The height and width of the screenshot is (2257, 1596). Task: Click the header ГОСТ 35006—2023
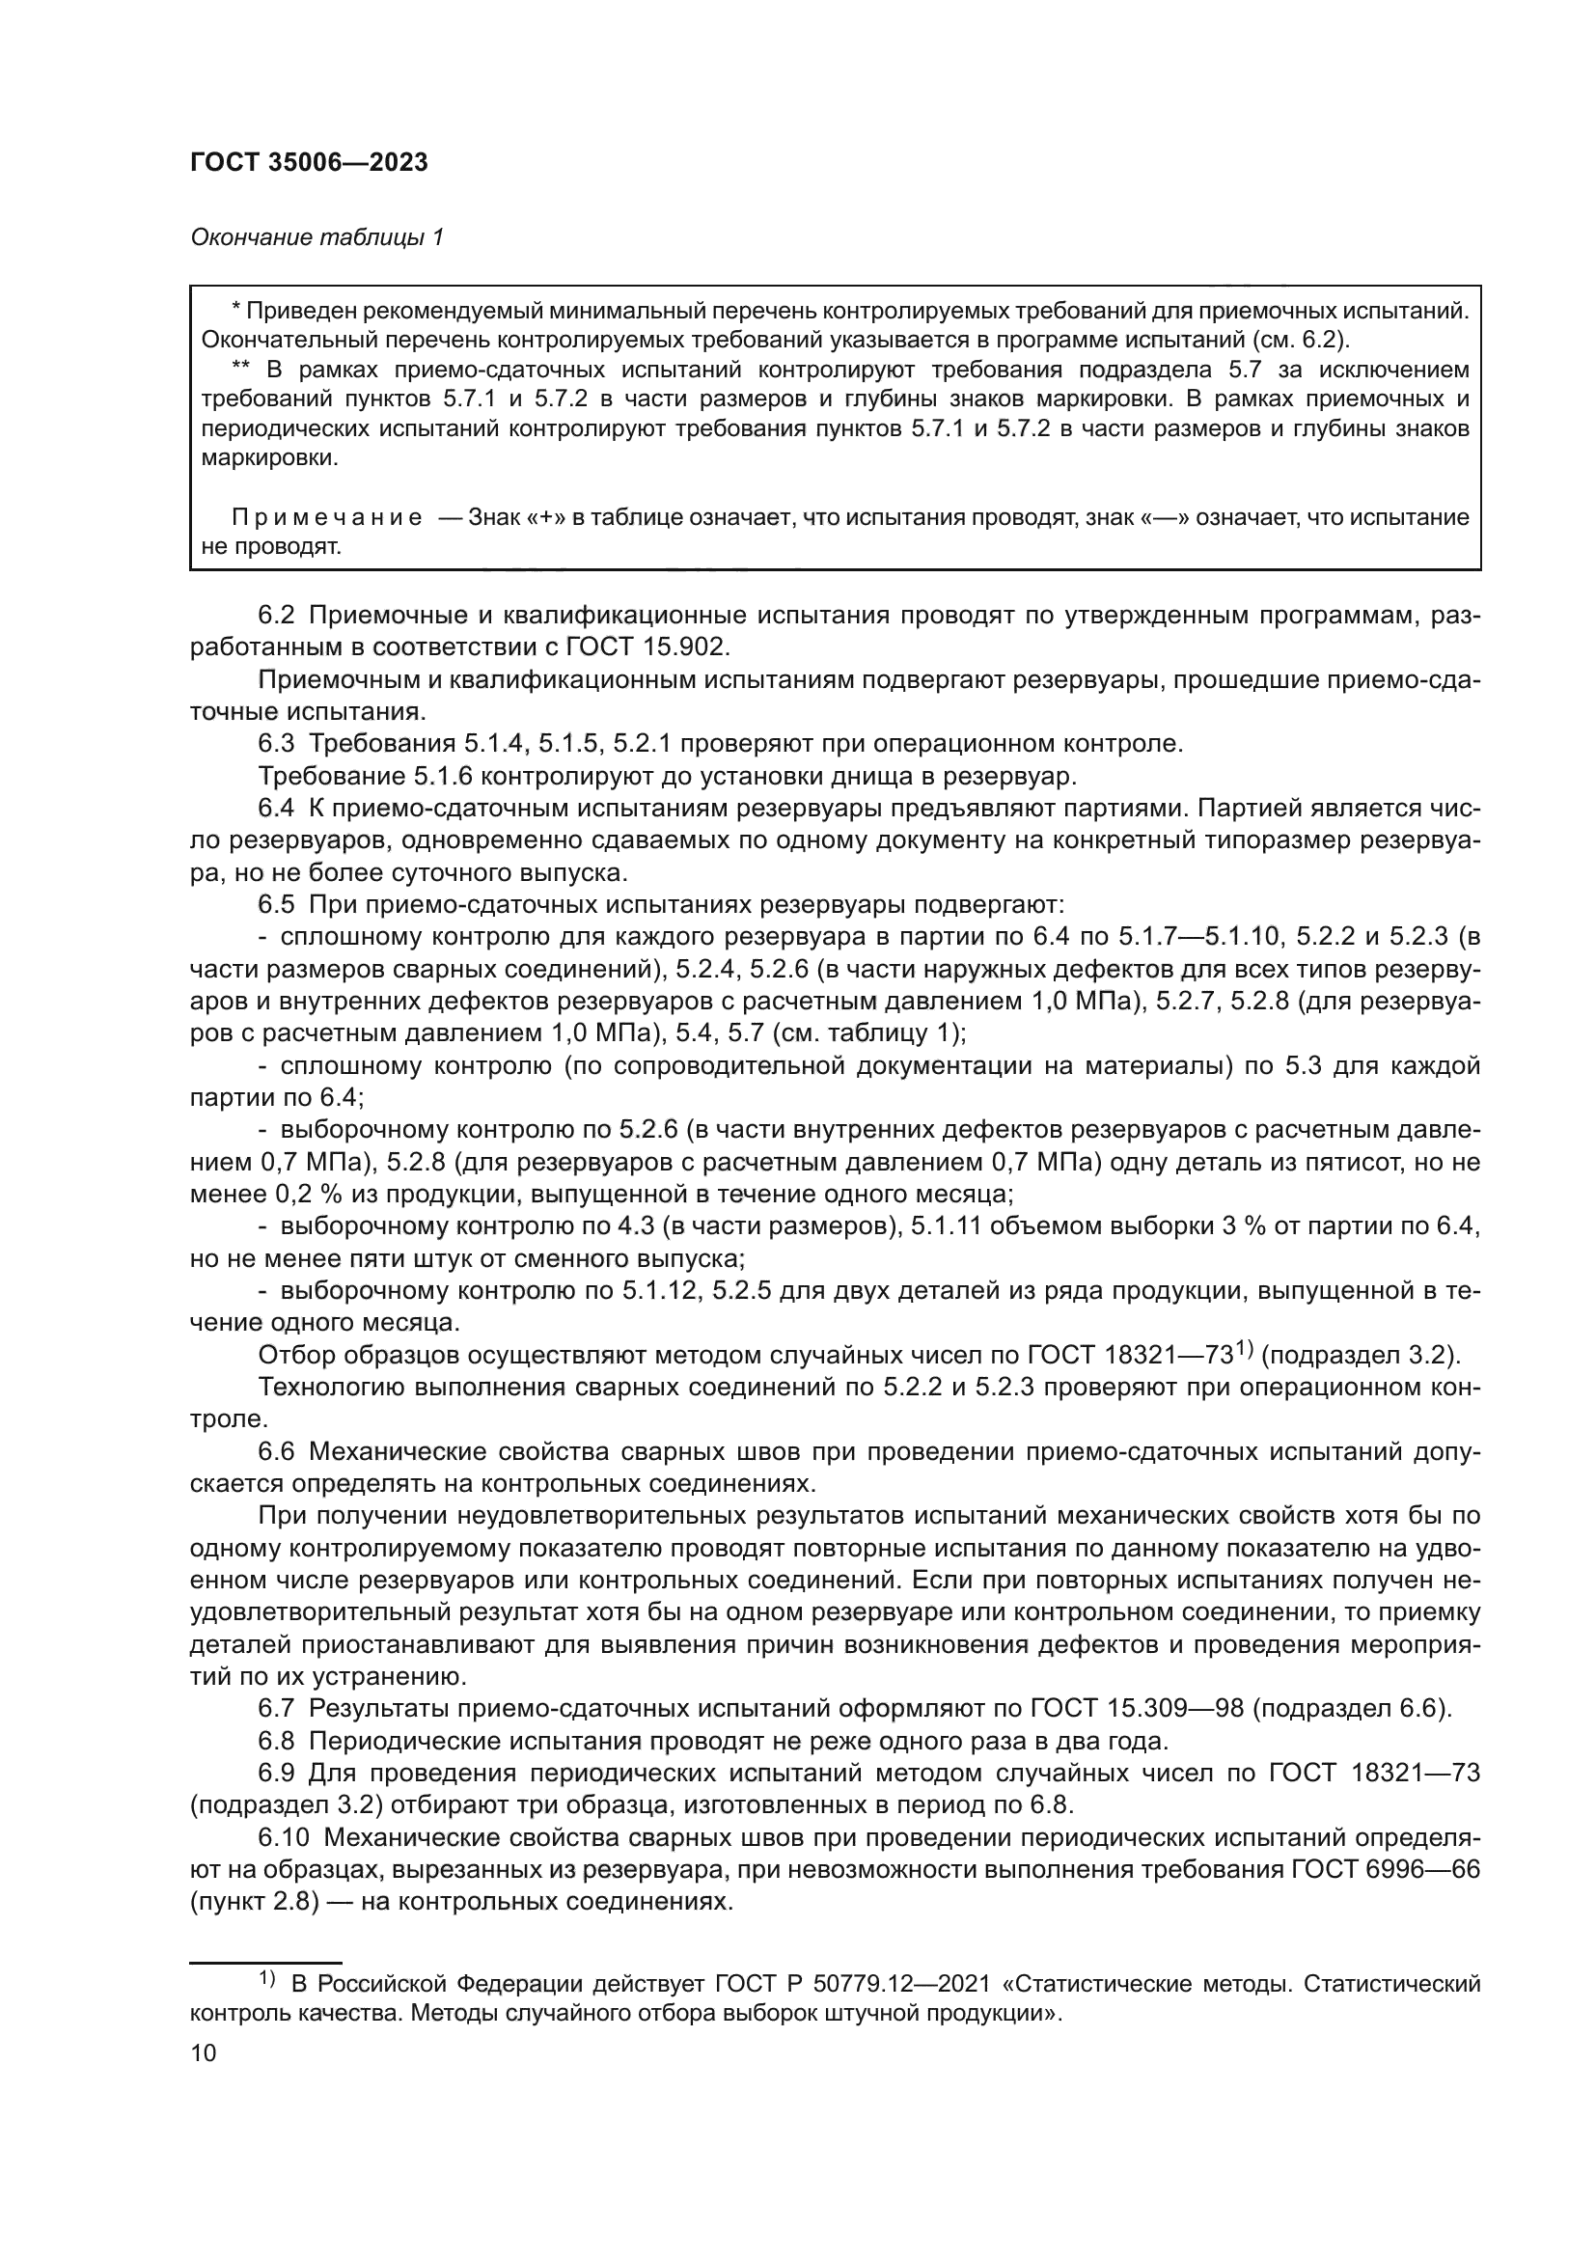[x=309, y=163]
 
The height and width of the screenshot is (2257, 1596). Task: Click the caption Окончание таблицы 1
[x=316, y=237]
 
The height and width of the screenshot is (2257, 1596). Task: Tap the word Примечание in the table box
[x=327, y=518]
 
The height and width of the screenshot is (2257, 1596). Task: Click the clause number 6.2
[x=276, y=616]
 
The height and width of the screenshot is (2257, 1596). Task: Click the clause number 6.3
[x=276, y=744]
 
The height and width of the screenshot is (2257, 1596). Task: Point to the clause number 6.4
[x=276, y=809]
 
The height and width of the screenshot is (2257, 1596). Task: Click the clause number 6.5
[x=276, y=904]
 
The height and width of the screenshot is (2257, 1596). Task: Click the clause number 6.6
[x=276, y=1452]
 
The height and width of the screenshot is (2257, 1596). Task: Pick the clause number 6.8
[x=276, y=1742]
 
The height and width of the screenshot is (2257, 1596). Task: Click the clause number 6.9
[x=276, y=1774]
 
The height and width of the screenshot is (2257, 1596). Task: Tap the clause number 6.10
[x=282, y=1838]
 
